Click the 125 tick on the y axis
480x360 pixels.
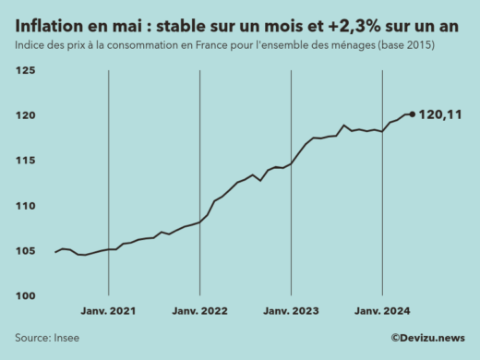pos(25,70)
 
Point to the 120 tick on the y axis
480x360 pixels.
pos(25,115)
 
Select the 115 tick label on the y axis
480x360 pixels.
pos(25,161)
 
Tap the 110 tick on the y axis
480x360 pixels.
pos(25,206)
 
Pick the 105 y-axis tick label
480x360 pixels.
pos(25,251)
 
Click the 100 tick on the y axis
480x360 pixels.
pos(25,296)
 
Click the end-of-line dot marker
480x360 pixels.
pos(412,114)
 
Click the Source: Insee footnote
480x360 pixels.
pos(47,338)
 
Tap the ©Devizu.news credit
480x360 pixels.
pos(427,338)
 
